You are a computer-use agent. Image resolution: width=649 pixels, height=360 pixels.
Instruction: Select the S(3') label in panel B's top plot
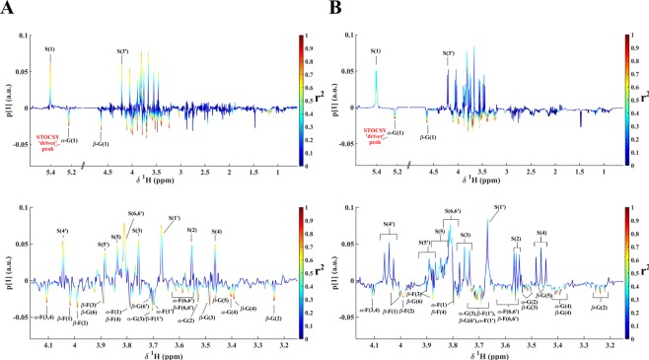(447, 50)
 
